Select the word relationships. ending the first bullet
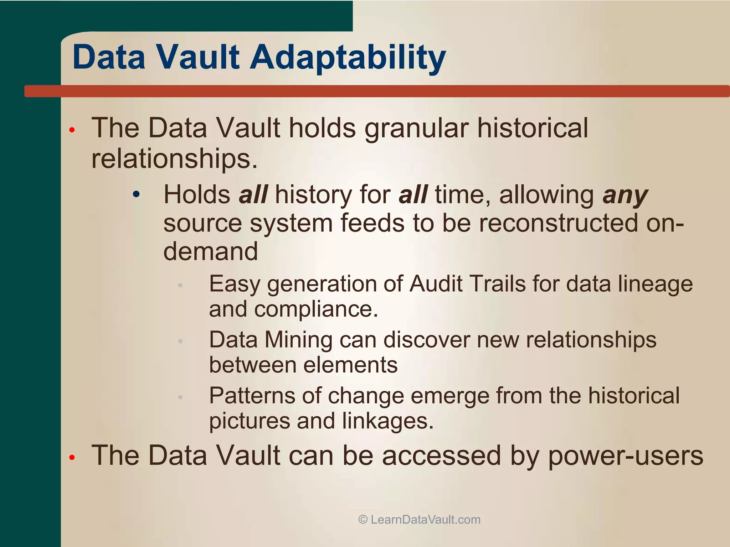pyautogui.click(x=174, y=158)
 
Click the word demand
pyautogui.click(x=210, y=251)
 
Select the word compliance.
pyautogui.click(x=316, y=309)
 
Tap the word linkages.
pyautogui.click(x=388, y=421)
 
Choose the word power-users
pyautogui.click(x=626, y=456)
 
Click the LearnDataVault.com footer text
pyautogui.click(x=426, y=520)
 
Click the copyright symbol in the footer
pyautogui.click(x=363, y=520)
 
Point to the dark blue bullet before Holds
pyautogui.click(x=136, y=195)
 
